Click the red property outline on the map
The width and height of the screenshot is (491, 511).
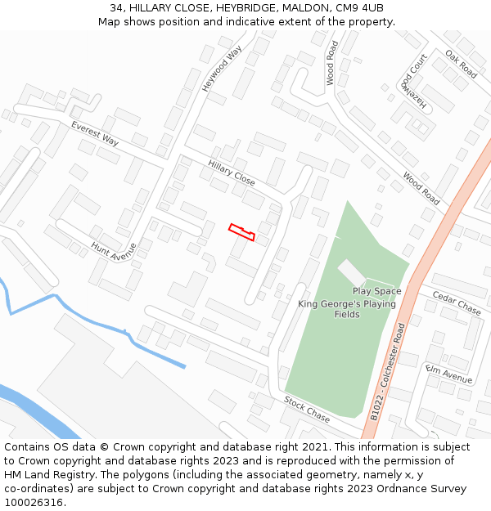coord(241,232)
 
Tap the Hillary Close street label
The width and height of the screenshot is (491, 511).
coord(231,173)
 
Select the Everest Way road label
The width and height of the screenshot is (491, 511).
coord(95,134)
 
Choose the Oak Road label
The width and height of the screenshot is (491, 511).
coord(461,65)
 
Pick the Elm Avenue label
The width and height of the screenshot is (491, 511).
coord(449,374)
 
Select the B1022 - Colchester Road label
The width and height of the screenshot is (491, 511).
coord(388,372)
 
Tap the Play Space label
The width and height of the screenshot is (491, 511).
coord(376,291)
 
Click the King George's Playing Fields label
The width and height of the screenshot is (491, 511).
coord(347,309)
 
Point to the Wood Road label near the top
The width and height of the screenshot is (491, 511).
coord(331,64)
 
